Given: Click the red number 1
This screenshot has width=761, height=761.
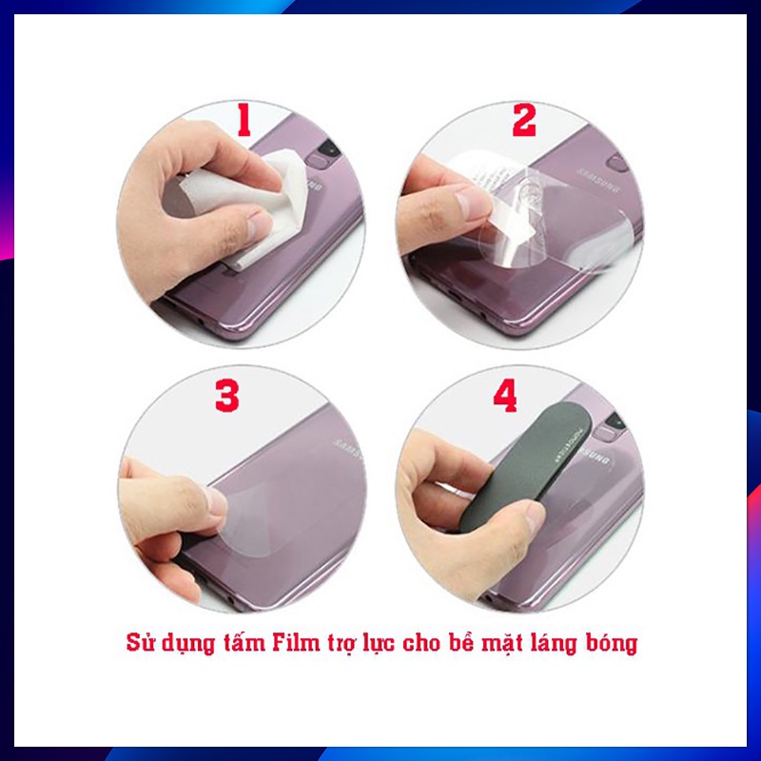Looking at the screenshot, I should [244, 122].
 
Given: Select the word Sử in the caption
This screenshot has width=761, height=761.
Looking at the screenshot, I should [141, 643].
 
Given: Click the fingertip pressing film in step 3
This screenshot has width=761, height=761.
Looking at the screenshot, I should [214, 502].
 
